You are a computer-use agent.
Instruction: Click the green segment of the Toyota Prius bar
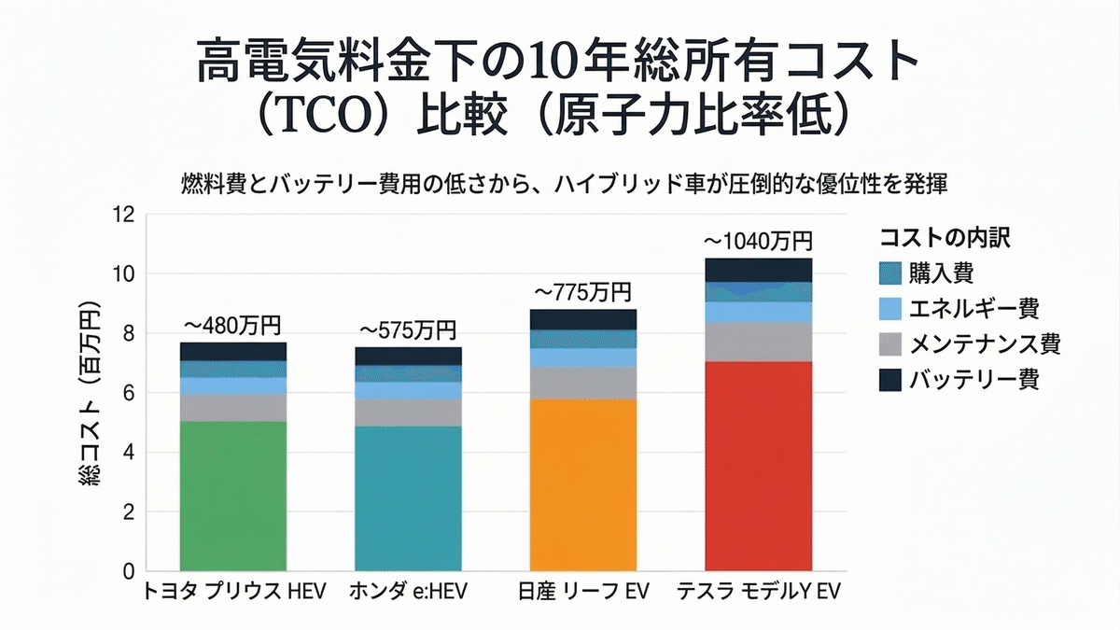point(232,496)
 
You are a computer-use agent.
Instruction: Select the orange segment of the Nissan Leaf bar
point(582,484)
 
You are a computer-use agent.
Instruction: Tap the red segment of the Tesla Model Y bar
point(758,466)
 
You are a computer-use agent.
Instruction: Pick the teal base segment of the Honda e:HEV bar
point(408,498)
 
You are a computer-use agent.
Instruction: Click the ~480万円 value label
point(232,326)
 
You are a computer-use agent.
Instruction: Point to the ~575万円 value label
point(408,330)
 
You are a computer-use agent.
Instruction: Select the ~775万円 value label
point(582,292)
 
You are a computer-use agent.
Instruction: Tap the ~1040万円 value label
point(758,242)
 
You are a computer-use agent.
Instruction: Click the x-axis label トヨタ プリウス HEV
point(233,592)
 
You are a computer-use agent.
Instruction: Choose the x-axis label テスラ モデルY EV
point(757,592)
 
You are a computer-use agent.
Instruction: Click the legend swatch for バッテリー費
point(890,379)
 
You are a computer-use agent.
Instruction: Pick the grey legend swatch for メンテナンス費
point(890,343)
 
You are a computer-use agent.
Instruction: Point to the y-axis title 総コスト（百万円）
point(91,393)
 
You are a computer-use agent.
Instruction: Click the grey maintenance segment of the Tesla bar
point(758,342)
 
